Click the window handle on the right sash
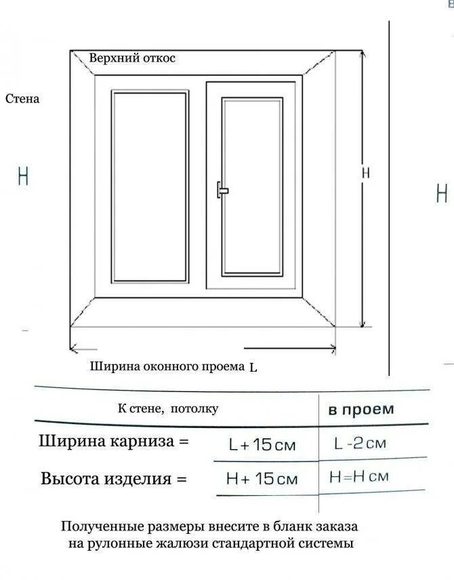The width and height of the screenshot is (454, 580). [x=222, y=190]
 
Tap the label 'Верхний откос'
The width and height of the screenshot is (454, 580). [x=132, y=58]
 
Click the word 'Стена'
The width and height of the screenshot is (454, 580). [x=22, y=99]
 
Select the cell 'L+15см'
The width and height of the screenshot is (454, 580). [x=263, y=445]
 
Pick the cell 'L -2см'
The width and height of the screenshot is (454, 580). [x=360, y=443]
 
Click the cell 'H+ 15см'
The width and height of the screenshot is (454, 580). [x=262, y=479]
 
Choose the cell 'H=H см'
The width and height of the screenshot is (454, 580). [x=359, y=476]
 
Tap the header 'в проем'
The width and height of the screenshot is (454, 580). [x=361, y=409]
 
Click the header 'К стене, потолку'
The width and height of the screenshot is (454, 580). [x=168, y=408]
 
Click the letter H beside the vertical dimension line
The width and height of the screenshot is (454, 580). [x=366, y=173]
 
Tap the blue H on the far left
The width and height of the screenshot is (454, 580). [x=24, y=176]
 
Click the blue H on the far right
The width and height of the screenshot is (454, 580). [x=442, y=194]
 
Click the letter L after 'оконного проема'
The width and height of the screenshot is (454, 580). [x=253, y=368]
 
